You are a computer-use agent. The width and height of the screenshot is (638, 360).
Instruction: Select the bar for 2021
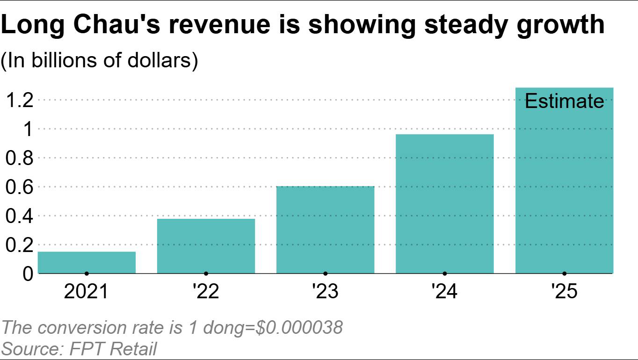(87, 262)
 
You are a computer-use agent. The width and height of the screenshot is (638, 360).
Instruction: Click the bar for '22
(206, 246)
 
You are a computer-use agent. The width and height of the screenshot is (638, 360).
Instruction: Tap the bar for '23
(325, 230)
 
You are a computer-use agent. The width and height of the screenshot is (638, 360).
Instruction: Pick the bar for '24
(444, 203)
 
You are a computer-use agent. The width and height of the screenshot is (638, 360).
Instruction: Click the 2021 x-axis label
(86, 292)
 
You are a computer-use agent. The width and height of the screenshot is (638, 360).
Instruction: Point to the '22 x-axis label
(206, 292)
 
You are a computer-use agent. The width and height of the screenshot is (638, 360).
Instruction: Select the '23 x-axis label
(325, 292)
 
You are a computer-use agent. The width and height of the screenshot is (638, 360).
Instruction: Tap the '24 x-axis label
(444, 292)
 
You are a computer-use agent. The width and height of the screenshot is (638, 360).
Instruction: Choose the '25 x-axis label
(564, 292)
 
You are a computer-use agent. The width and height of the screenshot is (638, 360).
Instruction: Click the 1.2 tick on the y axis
(20, 100)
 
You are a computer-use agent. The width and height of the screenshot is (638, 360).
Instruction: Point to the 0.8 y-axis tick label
(20, 158)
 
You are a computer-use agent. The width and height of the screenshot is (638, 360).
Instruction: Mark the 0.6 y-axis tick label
(20, 187)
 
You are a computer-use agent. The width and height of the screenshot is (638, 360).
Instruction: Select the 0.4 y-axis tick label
(20, 216)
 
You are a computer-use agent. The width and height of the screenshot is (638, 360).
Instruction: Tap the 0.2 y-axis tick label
(20, 245)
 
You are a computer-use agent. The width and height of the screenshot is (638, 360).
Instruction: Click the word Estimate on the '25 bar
(565, 101)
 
